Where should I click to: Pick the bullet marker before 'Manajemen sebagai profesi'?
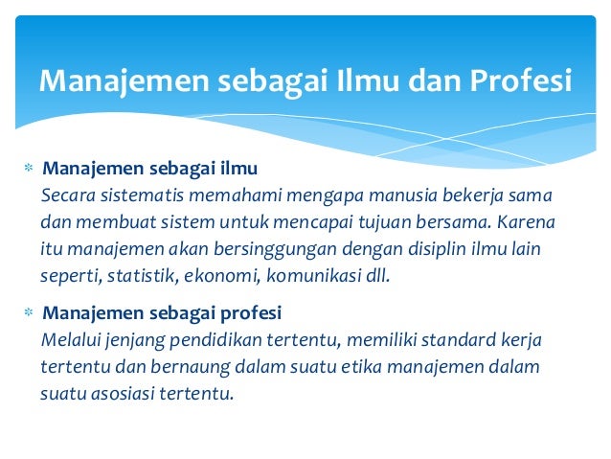point(28,314)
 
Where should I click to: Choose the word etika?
point(331,366)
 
